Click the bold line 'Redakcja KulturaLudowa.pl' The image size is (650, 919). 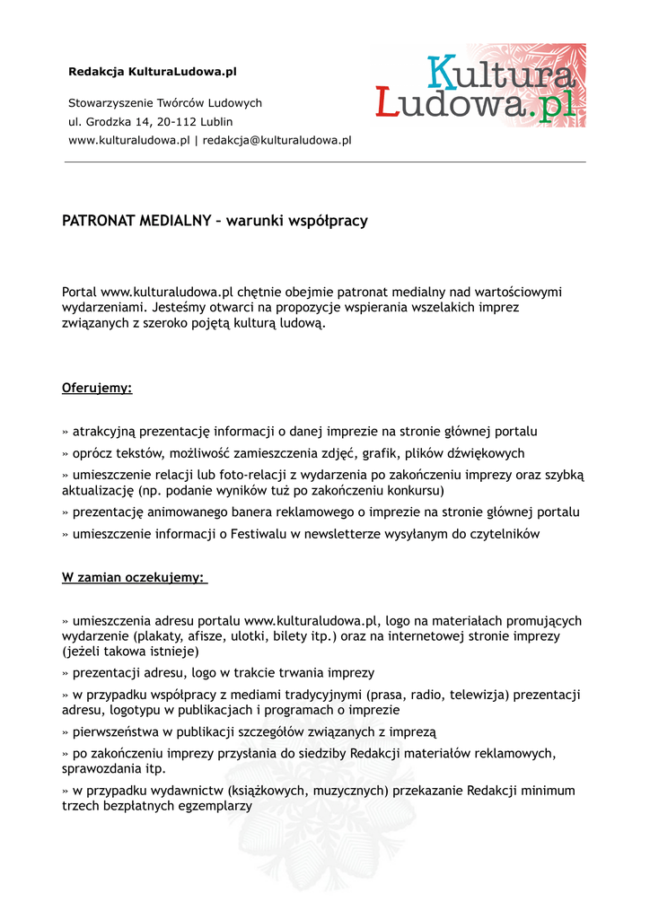point(153,71)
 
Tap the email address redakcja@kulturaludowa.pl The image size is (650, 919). point(277,140)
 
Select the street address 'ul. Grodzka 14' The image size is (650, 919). point(108,122)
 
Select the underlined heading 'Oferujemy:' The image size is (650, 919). point(97,389)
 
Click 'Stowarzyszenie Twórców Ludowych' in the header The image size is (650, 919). point(165,103)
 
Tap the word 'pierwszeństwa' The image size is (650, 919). point(116,731)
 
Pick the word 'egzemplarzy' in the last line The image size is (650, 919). point(215,806)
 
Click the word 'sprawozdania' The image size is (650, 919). point(101,769)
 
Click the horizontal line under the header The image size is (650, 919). point(325,162)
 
